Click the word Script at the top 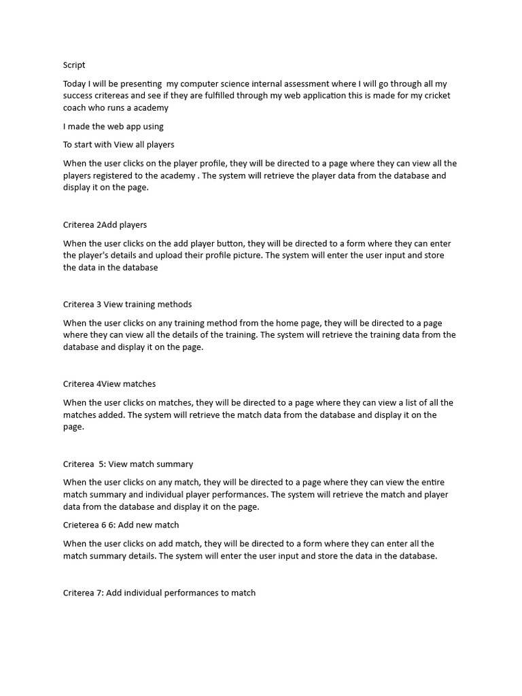tap(74, 65)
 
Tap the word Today tap(75, 84)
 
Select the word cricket tap(435, 96)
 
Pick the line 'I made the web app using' tap(114, 126)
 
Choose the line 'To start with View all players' tap(119, 145)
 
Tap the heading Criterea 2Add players tap(105, 224)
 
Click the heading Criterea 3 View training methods tap(127, 304)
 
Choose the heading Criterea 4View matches tap(109, 384)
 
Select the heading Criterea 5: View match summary tap(128, 464)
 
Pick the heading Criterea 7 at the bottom tap(159, 593)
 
